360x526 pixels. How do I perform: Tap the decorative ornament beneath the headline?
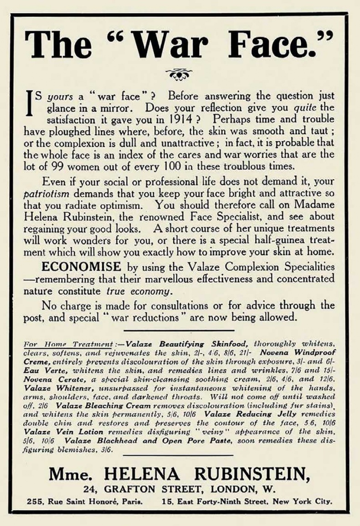click(x=179, y=74)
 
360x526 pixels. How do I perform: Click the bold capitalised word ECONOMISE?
click(x=82, y=267)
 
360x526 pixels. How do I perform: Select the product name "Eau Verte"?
click(x=37, y=359)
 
